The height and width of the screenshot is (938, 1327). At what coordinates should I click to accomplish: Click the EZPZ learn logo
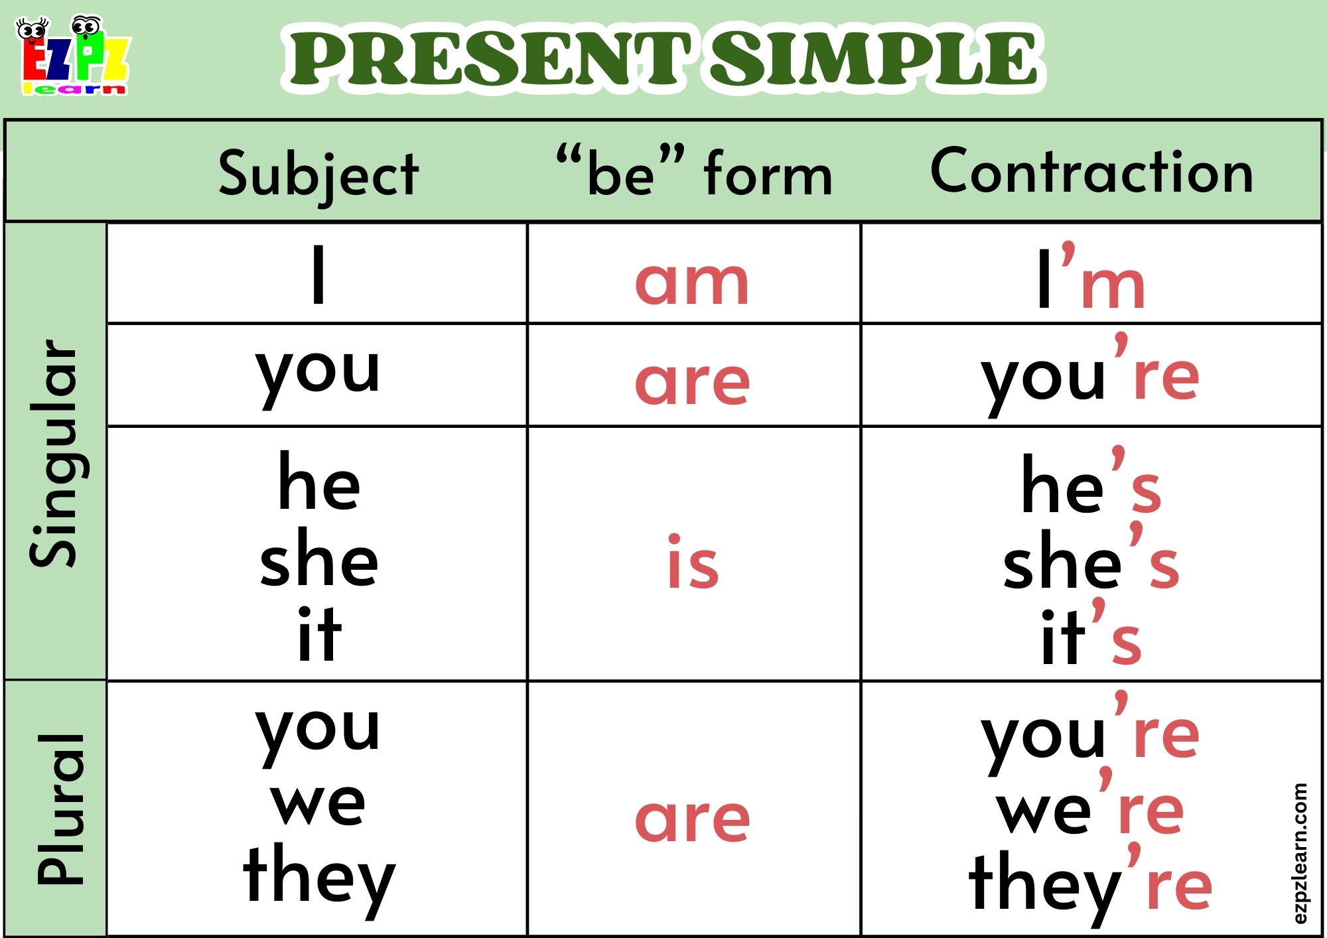(x=73, y=56)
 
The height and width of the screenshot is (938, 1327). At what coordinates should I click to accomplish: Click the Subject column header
(x=318, y=174)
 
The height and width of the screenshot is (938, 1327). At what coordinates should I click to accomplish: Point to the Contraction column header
(x=1091, y=171)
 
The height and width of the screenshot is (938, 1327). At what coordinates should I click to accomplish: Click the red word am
(x=692, y=282)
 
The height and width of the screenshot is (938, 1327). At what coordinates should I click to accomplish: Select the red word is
(x=693, y=563)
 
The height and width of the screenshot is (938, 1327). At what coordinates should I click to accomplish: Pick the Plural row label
(x=60, y=809)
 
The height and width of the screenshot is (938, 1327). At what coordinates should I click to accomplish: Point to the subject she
(x=318, y=559)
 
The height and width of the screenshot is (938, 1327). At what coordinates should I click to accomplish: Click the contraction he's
(x=1091, y=484)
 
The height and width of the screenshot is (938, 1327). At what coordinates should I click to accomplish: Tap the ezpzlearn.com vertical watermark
(x=1300, y=853)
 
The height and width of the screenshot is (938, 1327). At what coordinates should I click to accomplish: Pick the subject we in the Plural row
(x=318, y=803)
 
